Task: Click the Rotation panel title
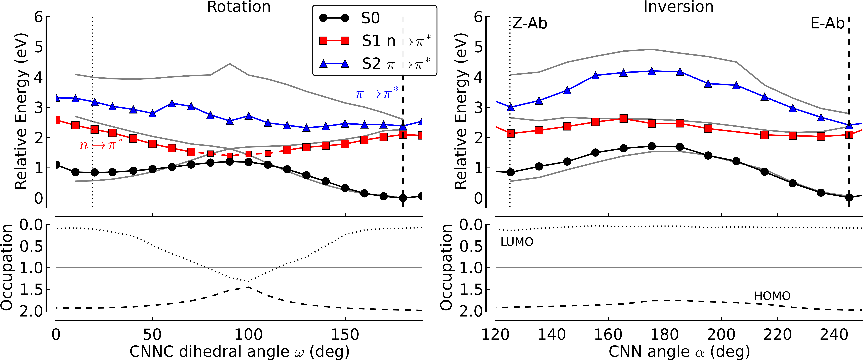pyautogui.click(x=239, y=7)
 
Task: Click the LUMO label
pyautogui.click(x=517, y=242)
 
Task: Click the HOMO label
pyautogui.click(x=772, y=296)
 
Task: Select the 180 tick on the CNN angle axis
pyautogui.click(x=665, y=335)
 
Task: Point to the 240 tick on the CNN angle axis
pyautogui.click(x=834, y=335)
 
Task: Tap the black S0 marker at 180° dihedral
pyautogui.click(x=403, y=198)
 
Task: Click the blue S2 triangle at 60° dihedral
pyautogui.click(x=172, y=103)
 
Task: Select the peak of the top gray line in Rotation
pyautogui.click(x=229, y=64)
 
